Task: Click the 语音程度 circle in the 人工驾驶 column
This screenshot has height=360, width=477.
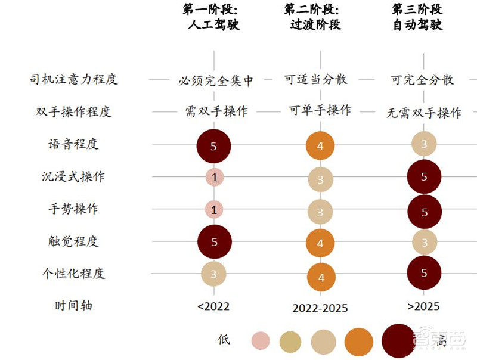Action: (x=213, y=144)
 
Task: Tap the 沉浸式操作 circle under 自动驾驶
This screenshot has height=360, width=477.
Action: (x=423, y=176)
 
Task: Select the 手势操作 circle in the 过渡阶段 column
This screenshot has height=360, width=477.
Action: (x=321, y=212)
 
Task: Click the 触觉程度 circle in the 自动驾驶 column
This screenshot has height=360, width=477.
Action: (x=423, y=241)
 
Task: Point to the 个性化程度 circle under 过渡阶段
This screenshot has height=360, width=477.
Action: (x=321, y=277)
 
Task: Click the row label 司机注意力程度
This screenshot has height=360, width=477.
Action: (x=74, y=79)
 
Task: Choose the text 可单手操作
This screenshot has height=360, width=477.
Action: (x=320, y=110)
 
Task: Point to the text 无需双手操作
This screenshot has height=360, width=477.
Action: (x=423, y=113)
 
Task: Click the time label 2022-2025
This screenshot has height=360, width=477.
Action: (x=320, y=308)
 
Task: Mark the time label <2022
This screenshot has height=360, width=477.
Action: (x=213, y=306)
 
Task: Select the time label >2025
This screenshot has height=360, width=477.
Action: (x=423, y=306)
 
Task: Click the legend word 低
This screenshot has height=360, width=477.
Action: (x=224, y=340)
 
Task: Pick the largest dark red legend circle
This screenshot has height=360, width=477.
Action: (x=398, y=341)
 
